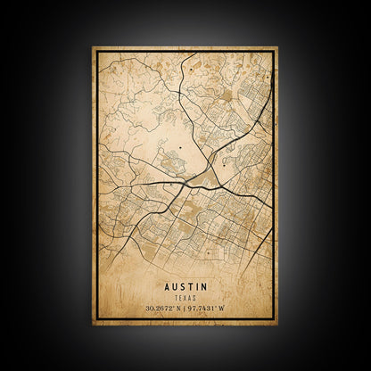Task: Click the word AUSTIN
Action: point(185,286)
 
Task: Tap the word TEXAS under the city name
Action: point(185,297)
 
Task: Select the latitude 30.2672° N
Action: point(164,309)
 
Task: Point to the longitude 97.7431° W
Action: point(207,309)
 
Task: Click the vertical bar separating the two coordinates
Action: point(185,309)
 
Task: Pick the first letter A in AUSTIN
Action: point(167,286)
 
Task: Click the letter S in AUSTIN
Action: point(182,286)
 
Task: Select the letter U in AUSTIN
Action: point(174,286)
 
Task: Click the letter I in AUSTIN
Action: point(196,286)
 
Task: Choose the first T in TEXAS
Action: point(177,297)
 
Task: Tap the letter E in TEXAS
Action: point(182,297)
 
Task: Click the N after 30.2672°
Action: point(178,309)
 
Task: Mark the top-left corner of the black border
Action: point(97,53)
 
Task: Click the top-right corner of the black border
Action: point(273,53)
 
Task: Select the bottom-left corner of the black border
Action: point(97,317)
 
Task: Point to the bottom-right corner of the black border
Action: point(273,317)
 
